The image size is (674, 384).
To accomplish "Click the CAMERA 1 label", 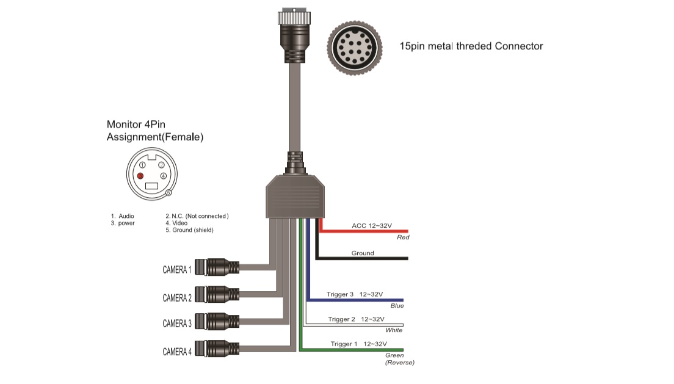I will click(x=176, y=269).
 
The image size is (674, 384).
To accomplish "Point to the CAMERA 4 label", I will click(x=176, y=351).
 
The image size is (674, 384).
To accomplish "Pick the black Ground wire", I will click(x=366, y=259).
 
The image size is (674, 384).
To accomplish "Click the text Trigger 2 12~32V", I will click(x=356, y=319).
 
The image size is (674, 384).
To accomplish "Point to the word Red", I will click(x=403, y=237).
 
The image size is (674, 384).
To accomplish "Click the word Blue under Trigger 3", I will click(x=397, y=306).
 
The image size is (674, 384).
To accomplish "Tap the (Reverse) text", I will click(x=400, y=363).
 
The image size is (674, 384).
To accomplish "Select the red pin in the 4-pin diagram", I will click(x=140, y=176).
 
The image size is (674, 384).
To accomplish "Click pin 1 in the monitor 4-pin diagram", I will click(x=142, y=165).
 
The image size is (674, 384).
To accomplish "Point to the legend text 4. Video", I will click(x=176, y=223).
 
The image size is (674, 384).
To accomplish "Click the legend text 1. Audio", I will click(x=122, y=216).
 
